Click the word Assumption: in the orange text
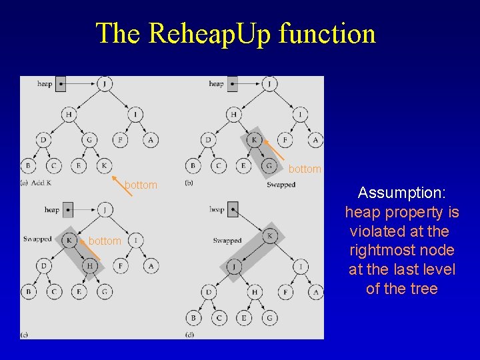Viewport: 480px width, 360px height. point(402,193)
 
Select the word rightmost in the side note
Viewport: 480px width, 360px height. point(402,251)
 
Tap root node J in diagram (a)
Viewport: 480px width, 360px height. point(104,84)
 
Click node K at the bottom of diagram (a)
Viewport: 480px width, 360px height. point(104,165)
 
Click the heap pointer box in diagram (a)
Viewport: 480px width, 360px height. point(61,84)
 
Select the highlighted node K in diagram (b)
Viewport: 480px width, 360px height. point(253,140)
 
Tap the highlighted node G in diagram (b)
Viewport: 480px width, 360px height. point(269,165)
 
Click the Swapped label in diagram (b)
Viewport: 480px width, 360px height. point(281,184)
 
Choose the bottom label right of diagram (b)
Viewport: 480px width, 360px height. point(305,169)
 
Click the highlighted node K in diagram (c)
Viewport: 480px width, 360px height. point(70,239)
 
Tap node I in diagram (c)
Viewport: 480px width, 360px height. point(136,239)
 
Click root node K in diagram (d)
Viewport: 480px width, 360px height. point(270,236)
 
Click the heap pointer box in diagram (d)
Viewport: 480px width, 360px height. point(233,209)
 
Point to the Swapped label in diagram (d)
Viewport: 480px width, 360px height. point(227,240)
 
